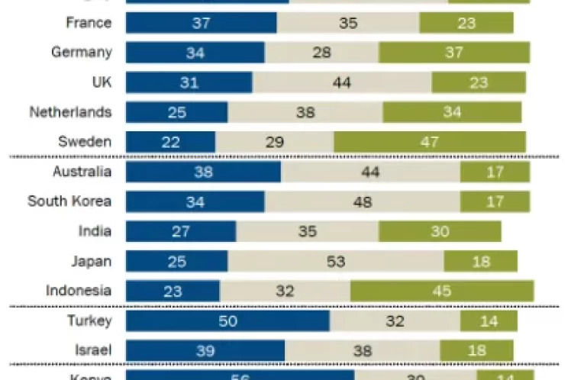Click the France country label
pyautogui.click(x=89, y=23)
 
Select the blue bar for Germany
pyautogui.click(x=195, y=53)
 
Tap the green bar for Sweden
pyautogui.click(x=429, y=142)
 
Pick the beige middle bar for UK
pyautogui.click(x=341, y=82)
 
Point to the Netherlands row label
pyautogui.click(x=70, y=112)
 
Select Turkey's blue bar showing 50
pyautogui.click(x=227, y=320)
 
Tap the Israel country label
pyautogui.click(x=95, y=350)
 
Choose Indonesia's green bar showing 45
pyautogui.click(x=441, y=291)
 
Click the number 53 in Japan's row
pyautogui.click(x=336, y=261)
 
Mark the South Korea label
pyautogui.click(x=69, y=201)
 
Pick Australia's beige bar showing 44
pyautogui.click(x=369, y=172)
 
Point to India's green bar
pyautogui.click(x=439, y=231)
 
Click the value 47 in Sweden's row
pyautogui.click(x=430, y=142)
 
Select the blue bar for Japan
pyautogui.click(x=176, y=261)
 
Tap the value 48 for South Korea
pyautogui.click(x=362, y=201)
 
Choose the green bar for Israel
pyautogui.click(x=476, y=350)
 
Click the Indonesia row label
pyautogui.click(x=79, y=291)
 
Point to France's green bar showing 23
pyautogui.click(x=466, y=23)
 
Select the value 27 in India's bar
pyautogui.click(x=181, y=231)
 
